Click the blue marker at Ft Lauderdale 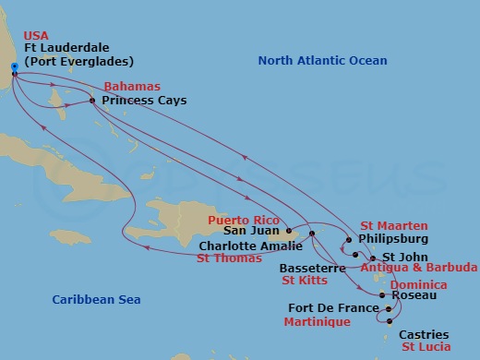pyautogui.click(x=14, y=66)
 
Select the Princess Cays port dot pyautogui.click(x=92, y=100)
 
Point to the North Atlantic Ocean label pyautogui.click(x=322, y=60)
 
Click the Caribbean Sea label pyautogui.click(x=90, y=300)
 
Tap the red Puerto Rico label pyautogui.click(x=242, y=221)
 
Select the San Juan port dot pyautogui.click(x=289, y=231)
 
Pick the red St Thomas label pyautogui.click(x=229, y=258)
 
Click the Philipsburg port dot pyautogui.click(x=348, y=240)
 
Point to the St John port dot pyautogui.click(x=372, y=258)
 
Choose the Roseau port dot pyautogui.click(x=382, y=295)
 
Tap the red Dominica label pyautogui.click(x=419, y=285)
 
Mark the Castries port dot pyautogui.click(x=390, y=322)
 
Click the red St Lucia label pyautogui.click(x=426, y=346)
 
